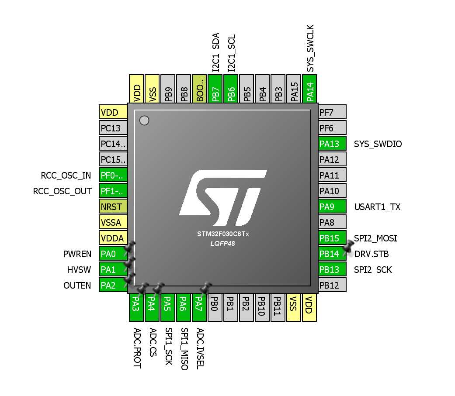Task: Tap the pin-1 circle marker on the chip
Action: click(144, 121)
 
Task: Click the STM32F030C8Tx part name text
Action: click(223, 234)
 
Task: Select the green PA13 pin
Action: click(332, 144)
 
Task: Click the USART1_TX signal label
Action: click(377, 207)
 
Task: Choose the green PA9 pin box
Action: click(332, 207)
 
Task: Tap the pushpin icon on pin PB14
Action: click(348, 247)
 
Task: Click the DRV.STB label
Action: click(372, 254)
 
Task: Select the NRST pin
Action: click(113, 207)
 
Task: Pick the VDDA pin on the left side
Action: click(113, 238)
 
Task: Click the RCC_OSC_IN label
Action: click(66, 176)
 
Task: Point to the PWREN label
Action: click(77, 254)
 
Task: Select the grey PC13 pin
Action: click(113, 128)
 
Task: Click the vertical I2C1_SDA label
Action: click(215, 52)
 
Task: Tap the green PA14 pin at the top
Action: click(310, 89)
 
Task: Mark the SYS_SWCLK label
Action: click(310, 48)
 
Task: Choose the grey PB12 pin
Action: click(332, 285)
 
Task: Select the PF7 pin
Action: click(332, 113)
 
